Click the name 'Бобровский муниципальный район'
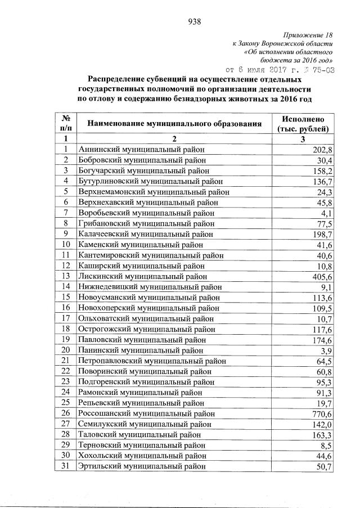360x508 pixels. click(x=142, y=160)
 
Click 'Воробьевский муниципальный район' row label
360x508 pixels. click(x=147, y=213)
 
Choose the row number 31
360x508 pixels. click(x=66, y=466)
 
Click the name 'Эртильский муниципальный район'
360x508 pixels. click(x=142, y=466)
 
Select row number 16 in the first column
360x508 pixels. click(x=66, y=308)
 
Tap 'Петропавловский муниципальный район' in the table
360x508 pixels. click(x=152, y=361)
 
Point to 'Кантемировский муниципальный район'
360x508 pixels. click(x=149, y=255)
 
